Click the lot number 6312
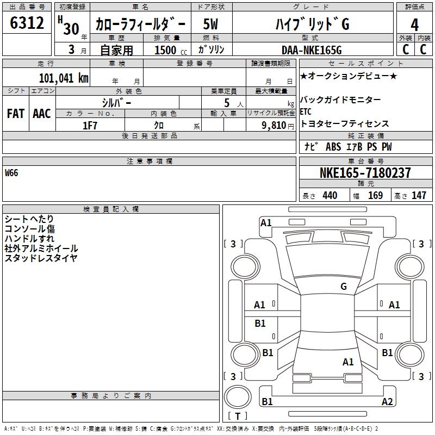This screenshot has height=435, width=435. coord(27,23)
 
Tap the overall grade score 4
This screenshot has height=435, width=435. coord(414,25)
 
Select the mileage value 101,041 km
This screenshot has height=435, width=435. coord(64,78)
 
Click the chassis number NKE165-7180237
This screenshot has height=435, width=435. coord(365,172)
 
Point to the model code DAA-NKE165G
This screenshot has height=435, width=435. coord(312,50)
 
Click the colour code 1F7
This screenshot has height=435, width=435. coord(90,126)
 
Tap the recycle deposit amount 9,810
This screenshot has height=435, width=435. coord(274,126)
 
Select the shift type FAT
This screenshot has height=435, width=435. coord(16,114)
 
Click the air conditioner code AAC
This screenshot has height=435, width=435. coord(42,114)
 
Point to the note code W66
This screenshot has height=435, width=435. coord(11,173)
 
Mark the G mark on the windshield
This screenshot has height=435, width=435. coord(344,286)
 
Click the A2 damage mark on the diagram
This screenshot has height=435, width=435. coord(387,401)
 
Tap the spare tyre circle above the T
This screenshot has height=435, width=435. coord(238,396)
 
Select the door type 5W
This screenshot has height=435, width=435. coord(210,24)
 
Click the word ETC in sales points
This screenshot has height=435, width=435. coord(306,111)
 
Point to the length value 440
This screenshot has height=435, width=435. coord(330,195)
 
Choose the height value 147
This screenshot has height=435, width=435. coord(419,195)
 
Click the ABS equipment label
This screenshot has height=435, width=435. coord(333,146)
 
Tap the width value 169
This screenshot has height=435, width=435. coord(375,195)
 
